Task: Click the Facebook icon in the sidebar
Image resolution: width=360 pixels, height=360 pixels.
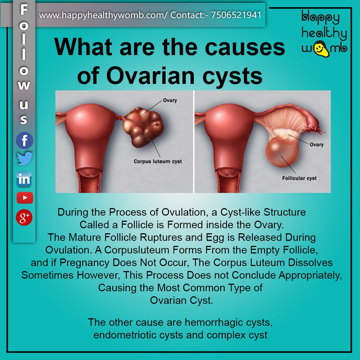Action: click(x=24, y=140)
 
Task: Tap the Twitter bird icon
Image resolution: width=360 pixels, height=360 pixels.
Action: click(x=25, y=158)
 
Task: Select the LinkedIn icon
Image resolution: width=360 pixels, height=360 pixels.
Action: click(x=24, y=179)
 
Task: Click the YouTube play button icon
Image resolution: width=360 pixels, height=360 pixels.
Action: click(x=25, y=198)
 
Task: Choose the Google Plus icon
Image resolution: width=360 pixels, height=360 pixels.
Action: click(x=24, y=217)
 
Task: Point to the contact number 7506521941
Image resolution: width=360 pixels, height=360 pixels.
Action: click(x=236, y=15)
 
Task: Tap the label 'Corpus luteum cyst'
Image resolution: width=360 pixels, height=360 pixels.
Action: click(x=158, y=161)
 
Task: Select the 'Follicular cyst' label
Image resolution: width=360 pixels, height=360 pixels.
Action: click(x=300, y=178)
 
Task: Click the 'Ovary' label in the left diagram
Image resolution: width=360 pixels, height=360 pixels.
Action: click(x=170, y=100)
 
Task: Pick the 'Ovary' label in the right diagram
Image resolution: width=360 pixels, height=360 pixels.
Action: click(x=316, y=144)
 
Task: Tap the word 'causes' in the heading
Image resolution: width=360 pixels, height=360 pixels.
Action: click(x=245, y=47)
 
